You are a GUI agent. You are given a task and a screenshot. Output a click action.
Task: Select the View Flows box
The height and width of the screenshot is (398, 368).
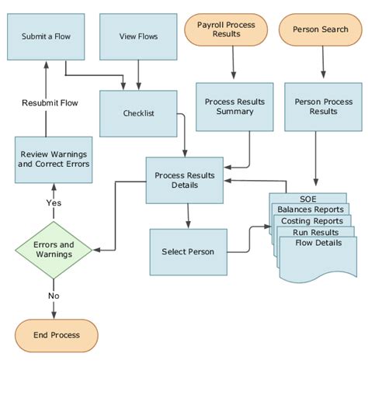(138, 36)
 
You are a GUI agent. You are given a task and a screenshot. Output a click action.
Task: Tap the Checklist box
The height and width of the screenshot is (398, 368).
(138, 113)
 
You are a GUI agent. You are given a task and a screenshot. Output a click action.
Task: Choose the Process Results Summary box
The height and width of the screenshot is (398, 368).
(234, 106)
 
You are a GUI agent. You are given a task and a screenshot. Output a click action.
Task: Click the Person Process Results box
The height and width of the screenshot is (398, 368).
(323, 106)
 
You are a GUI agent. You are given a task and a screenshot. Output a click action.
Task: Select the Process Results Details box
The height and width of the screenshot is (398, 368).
(185, 180)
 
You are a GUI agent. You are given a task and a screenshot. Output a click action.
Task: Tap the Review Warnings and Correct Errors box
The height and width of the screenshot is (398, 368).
(54, 159)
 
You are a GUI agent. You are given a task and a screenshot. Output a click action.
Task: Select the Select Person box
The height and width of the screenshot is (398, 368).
(188, 252)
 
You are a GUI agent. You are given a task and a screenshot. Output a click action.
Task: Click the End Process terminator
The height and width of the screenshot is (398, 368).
(56, 335)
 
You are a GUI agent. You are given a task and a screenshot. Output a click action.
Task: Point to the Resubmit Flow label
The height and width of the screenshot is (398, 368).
(50, 102)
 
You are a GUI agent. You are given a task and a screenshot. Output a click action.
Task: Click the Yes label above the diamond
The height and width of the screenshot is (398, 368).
(54, 203)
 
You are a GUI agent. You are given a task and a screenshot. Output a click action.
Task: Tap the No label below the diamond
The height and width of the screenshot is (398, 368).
(54, 296)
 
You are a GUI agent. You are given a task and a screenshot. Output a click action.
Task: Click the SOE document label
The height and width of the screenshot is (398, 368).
(308, 199)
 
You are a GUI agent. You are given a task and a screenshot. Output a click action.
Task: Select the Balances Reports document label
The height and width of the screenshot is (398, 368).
(311, 209)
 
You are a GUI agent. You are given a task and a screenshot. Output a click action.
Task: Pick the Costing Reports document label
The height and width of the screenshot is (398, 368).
(313, 221)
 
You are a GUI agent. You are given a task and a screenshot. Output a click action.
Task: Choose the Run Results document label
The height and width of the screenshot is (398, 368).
(315, 232)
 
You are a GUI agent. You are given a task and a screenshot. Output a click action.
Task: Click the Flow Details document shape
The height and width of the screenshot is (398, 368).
(318, 256)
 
